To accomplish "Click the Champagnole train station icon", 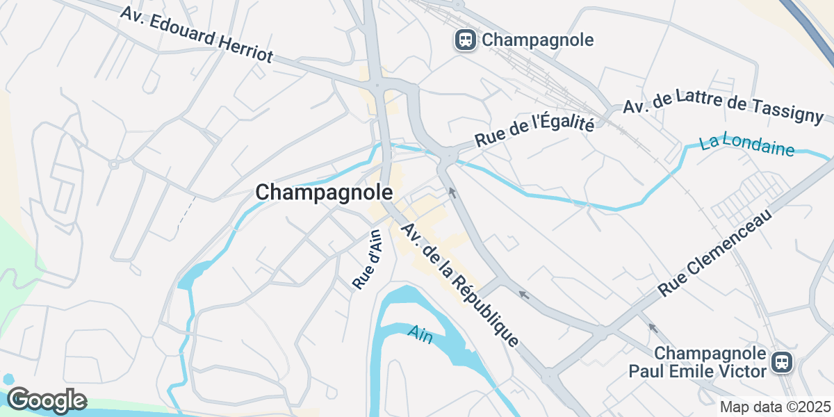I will tap(465, 40).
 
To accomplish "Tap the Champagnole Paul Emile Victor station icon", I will tap(782, 362).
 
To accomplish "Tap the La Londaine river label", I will tap(747, 145).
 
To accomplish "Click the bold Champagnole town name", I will tap(324, 193).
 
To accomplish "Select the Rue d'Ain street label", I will tap(368, 259).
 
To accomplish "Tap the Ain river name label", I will tap(420, 334).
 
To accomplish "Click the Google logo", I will tap(47, 400).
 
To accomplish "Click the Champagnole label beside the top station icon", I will tap(538, 40).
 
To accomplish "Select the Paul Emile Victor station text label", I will tap(698, 362).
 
